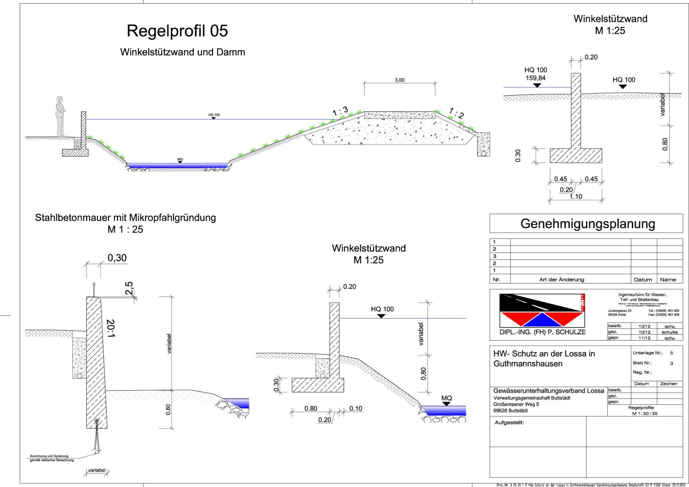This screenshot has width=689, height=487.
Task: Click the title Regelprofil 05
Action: (177, 31)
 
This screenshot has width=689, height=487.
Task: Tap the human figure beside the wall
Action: (60, 116)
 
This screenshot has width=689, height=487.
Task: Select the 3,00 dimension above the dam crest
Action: (399, 80)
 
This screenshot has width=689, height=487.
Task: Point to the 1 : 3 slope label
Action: (340, 111)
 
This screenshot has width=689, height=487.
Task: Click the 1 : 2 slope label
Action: (456, 113)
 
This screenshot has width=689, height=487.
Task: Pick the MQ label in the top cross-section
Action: (180, 159)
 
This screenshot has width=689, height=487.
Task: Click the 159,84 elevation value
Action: (535, 78)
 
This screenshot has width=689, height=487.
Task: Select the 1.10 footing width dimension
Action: (576, 197)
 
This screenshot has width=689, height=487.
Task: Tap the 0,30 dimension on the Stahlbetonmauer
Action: (117, 258)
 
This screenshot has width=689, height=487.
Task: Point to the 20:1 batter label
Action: (111, 328)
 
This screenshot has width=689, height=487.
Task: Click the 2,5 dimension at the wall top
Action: (129, 288)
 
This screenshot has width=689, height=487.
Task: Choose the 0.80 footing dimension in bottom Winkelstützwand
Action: (311, 408)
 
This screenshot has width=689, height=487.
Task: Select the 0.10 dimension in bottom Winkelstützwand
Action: (356, 408)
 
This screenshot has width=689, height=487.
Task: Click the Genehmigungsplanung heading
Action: (587, 224)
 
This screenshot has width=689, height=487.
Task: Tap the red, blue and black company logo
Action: (542, 310)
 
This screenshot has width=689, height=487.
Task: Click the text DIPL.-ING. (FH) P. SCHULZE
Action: (542, 332)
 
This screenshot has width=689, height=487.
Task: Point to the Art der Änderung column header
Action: (561, 280)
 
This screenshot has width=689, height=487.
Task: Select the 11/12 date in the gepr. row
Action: (644, 338)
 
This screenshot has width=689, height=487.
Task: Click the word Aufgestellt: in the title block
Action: (509, 422)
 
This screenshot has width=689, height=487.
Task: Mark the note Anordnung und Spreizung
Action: (49, 456)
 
